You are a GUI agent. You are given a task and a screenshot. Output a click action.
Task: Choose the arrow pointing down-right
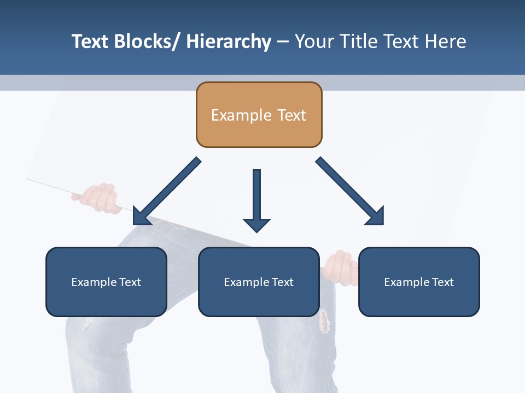tap(350, 190)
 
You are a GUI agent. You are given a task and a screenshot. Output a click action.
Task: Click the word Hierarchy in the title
tap(228, 41)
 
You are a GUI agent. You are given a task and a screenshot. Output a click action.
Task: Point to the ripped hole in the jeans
tap(325, 321)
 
